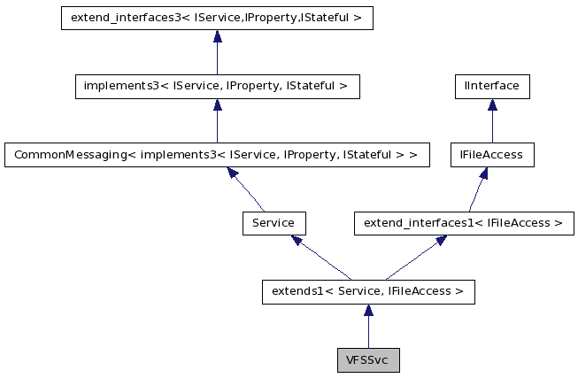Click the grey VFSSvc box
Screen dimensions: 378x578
(368, 360)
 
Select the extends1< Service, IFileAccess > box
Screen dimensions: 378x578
(368, 291)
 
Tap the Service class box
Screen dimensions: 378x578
(274, 223)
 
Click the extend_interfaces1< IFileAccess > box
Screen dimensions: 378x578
(464, 223)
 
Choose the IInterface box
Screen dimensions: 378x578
(492, 87)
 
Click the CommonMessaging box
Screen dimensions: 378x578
(217, 155)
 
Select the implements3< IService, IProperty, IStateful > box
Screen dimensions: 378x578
(217, 87)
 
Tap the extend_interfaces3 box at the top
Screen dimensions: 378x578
(217, 19)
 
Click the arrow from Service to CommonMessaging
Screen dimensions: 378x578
(247, 189)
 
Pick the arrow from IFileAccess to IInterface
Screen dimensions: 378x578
(492, 122)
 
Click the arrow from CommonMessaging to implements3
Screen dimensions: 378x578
(217, 121)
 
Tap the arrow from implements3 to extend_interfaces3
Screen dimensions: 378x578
(217, 53)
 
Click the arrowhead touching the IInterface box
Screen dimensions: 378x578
(492, 105)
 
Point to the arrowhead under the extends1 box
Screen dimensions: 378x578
(368, 311)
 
